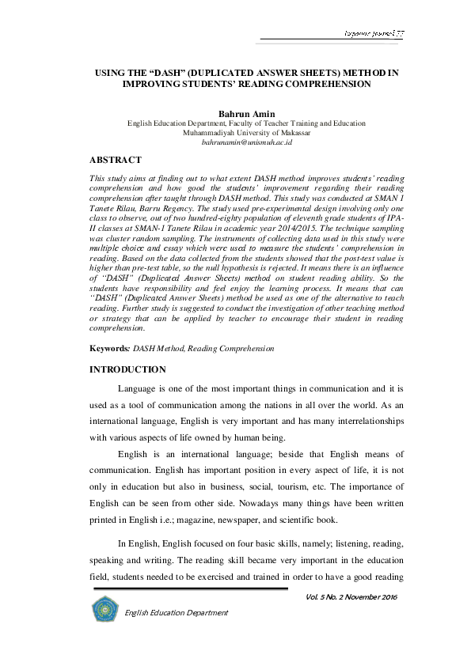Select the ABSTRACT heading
pos(116,160)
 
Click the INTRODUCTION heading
pos(127,369)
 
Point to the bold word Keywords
pos(108,349)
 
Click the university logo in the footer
pos(104,609)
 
